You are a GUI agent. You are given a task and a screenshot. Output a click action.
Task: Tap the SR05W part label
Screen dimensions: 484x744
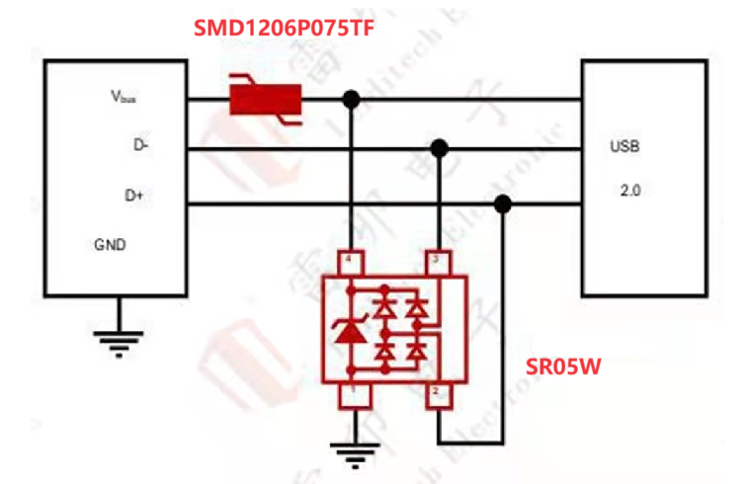(564, 367)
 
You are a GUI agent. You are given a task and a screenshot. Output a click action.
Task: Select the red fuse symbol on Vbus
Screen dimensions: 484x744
(265, 99)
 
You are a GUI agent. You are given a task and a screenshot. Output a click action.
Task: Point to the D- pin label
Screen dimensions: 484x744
(142, 146)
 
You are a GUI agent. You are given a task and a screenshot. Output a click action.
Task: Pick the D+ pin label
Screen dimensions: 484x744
(134, 195)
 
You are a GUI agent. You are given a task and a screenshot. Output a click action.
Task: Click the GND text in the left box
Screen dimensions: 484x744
(110, 244)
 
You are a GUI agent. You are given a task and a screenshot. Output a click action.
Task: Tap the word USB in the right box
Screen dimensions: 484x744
(625, 147)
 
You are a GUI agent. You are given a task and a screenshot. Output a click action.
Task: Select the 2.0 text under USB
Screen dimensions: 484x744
(629, 191)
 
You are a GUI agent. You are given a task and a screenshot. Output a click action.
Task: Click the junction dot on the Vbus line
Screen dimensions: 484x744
(350, 99)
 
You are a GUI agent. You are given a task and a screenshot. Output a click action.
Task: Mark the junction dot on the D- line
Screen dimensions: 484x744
(440, 148)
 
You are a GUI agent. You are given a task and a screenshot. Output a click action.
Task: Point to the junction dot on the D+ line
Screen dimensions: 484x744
(503, 203)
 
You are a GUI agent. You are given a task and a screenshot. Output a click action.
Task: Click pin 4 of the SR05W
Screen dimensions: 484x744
(349, 262)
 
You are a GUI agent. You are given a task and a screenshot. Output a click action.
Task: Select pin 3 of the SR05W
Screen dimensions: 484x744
(438, 261)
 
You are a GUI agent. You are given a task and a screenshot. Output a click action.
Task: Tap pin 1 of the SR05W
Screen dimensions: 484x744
(349, 396)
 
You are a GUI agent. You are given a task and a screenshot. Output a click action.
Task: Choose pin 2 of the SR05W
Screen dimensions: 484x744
(438, 396)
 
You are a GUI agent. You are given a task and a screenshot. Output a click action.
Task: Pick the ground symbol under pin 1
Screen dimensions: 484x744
(349, 455)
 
